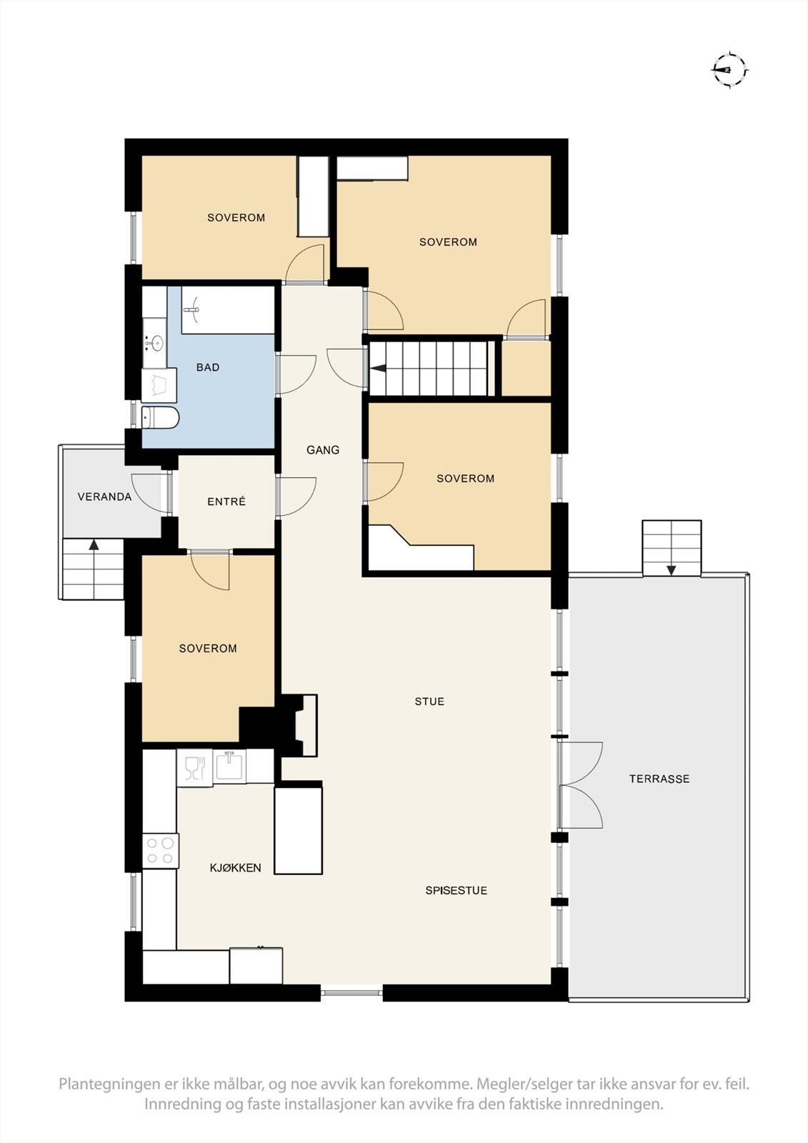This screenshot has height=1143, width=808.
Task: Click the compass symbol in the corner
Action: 729,70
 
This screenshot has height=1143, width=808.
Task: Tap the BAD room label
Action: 208,367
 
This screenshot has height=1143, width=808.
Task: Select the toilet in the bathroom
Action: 160,417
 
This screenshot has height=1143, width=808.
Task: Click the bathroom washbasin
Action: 154,342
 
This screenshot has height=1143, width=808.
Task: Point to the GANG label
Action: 323,449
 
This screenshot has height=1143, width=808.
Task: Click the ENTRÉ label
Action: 226,501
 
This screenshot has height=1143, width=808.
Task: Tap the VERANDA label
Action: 104,496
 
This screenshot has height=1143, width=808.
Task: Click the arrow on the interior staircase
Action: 378,369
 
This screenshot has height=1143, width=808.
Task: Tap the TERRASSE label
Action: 659,779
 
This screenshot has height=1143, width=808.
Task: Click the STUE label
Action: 429,701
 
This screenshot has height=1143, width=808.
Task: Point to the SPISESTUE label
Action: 457,890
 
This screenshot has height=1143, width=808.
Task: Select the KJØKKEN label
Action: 235,867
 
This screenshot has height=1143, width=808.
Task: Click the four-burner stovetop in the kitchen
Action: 160,851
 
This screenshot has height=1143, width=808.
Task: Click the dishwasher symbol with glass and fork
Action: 194,767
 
